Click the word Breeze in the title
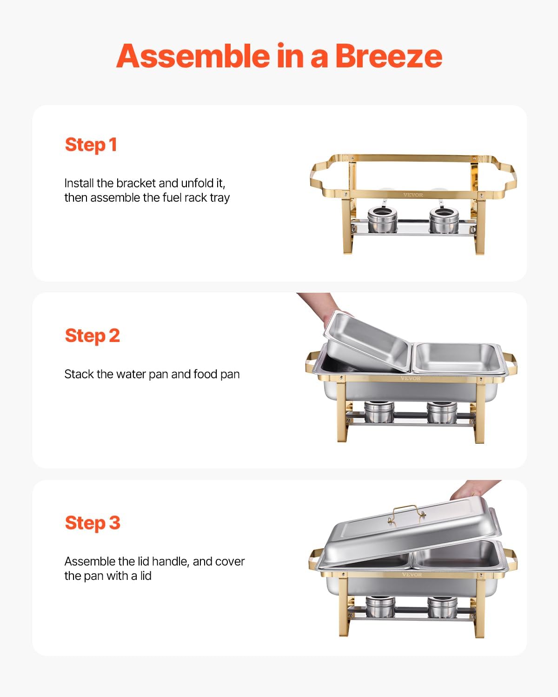click(388, 56)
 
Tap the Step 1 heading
click(91, 145)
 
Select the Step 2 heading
click(92, 335)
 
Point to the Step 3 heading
click(92, 523)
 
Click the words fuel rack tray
click(195, 198)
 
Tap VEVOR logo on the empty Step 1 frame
click(413, 195)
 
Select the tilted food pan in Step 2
click(365, 342)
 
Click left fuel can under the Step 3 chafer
click(380, 607)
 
